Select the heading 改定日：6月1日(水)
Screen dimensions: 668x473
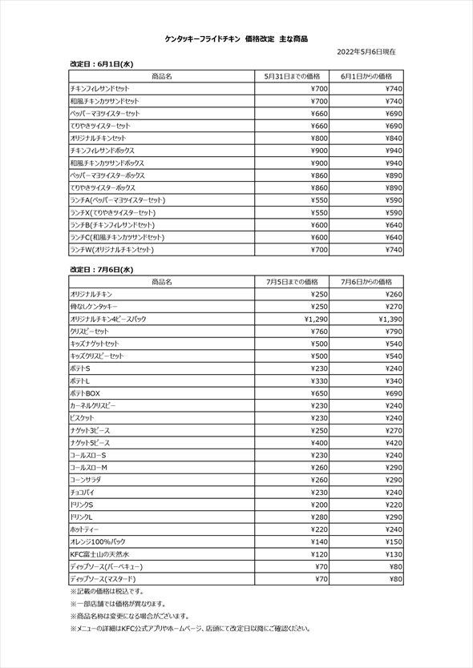(x=102, y=62)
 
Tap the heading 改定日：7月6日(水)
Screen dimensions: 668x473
(x=102, y=269)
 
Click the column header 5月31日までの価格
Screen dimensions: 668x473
(x=292, y=75)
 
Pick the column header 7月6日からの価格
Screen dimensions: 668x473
(x=366, y=282)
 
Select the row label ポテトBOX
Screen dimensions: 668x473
(x=85, y=393)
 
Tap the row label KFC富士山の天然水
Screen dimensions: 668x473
(x=99, y=553)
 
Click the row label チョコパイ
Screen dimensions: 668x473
(x=84, y=492)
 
